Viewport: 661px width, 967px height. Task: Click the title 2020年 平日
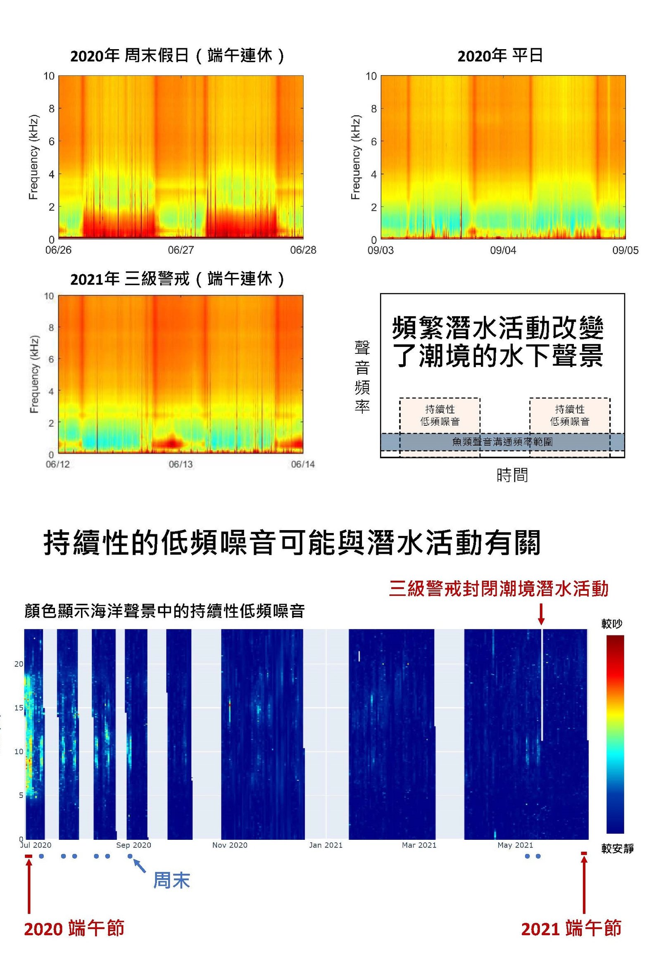click(x=500, y=56)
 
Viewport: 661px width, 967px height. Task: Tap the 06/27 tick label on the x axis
click(x=181, y=250)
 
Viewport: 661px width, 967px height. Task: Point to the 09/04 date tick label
click(x=503, y=250)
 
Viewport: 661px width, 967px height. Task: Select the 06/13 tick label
click(x=180, y=465)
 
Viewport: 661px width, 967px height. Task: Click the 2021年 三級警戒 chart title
click(x=177, y=279)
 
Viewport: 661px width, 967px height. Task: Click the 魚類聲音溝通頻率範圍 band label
click(x=502, y=442)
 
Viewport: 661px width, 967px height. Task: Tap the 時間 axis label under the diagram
click(x=512, y=475)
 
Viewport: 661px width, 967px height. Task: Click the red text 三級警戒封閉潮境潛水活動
click(x=499, y=589)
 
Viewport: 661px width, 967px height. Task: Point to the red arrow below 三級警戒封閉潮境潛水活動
click(x=541, y=614)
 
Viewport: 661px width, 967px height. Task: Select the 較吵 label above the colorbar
click(x=612, y=624)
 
